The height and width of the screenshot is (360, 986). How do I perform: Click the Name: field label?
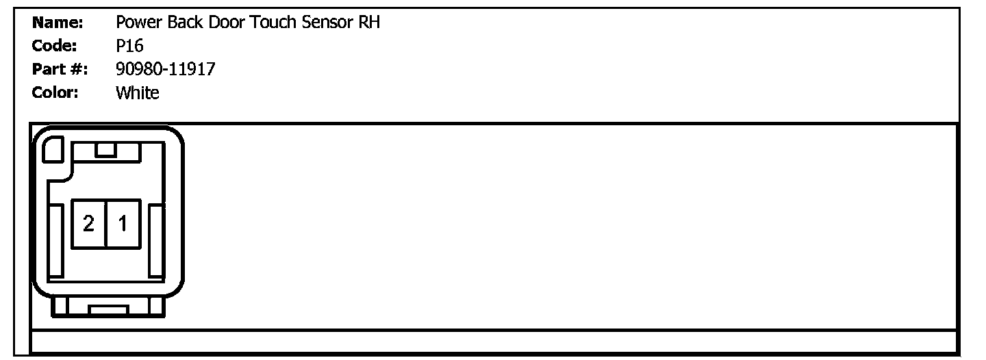pyautogui.click(x=58, y=23)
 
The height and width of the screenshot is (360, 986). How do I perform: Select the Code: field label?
pyautogui.click(x=54, y=46)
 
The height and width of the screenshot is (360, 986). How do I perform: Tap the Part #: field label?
pyautogui.click(x=60, y=69)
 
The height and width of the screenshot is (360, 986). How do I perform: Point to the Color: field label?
pyautogui.click(x=55, y=92)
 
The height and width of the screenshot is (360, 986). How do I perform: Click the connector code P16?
pyautogui.click(x=129, y=46)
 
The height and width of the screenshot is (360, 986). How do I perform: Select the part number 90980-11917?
pyautogui.click(x=166, y=69)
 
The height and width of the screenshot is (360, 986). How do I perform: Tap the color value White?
pyautogui.click(x=138, y=92)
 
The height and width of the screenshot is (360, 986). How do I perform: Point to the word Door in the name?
pyautogui.click(x=227, y=23)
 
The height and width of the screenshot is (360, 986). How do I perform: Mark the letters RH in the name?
pyautogui.click(x=369, y=23)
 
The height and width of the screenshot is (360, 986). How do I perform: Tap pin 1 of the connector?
pyautogui.click(x=123, y=223)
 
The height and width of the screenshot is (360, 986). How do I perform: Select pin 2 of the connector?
pyautogui.click(x=88, y=223)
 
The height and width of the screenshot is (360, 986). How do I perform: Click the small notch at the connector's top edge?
pyautogui.click(x=105, y=150)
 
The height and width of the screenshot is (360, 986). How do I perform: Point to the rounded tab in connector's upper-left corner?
pyautogui.click(x=53, y=149)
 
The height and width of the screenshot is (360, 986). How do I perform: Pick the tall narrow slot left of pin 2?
pyautogui.click(x=56, y=241)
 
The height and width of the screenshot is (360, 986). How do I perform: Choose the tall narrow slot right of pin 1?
pyautogui.click(x=155, y=241)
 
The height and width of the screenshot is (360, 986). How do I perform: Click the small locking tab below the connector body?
pyautogui.click(x=108, y=311)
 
